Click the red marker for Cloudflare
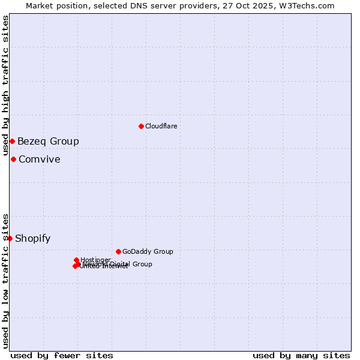pos(141,126)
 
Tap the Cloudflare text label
pos(161,126)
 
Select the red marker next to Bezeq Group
pos(12,141)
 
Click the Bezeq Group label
pos(48,142)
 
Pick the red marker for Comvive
pos(13,159)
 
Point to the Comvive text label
pos(39,160)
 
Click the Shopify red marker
pos(10,238)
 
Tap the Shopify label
pos(32,239)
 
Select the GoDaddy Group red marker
pos(118,251)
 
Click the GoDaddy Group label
pos(148,251)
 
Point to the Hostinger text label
pos(95,260)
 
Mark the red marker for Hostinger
pos(76,260)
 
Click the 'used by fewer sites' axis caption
pos(62,355)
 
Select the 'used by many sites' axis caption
pos(301,355)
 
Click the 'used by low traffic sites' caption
pos(6,280)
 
